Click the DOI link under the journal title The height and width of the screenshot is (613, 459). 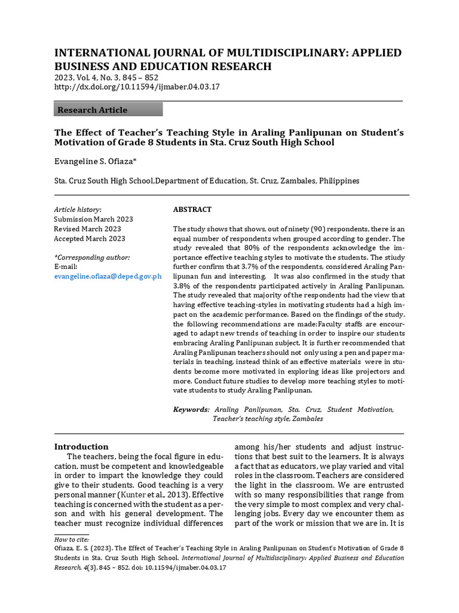pyautogui.click(x=137, y=87)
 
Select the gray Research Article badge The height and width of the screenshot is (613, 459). pyautogui.click(x=108, y=110)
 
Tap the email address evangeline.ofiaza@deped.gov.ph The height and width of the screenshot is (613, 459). pyautogui.click(x=108, y=276)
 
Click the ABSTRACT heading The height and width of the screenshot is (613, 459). pyautogui.click(x=192, y=210)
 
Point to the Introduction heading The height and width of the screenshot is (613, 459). pyautogui.click(x=81, y=447)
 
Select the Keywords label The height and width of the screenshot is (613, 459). pyautogui.click(x=191, y=409)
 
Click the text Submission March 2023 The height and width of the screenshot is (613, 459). pyautogui.click(x=93, y=219)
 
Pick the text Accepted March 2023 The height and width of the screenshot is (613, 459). pyautogui.click(x=90, y=238)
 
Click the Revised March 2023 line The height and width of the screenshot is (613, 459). pyautogui.click(x=87, y=229)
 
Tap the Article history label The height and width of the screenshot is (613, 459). pyautogui.click(x=78, y=210)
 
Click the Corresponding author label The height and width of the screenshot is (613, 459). pyautogui.click(x=92, y=257)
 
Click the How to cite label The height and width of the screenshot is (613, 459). pyautogui.click(x=69, y=539)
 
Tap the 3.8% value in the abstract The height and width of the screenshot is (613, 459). pyautogui.click(x=183, y=286)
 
